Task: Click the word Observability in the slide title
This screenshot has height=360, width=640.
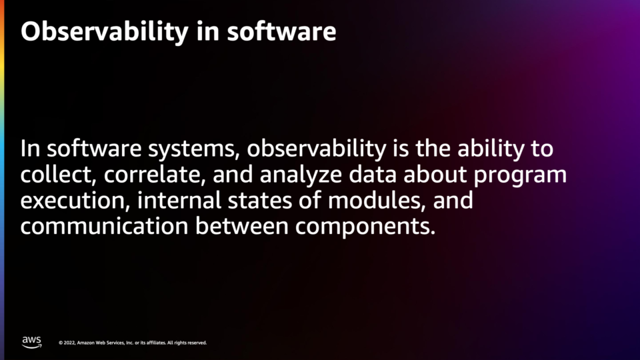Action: [105, 32]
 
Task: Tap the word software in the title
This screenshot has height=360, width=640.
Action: [281, 31]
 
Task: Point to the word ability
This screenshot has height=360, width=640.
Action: [491, 149]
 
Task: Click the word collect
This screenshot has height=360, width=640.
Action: [58, 175]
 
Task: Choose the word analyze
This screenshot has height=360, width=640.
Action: [301, 175]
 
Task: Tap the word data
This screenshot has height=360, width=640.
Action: [373, 175]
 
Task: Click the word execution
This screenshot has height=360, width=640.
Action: [75, 201]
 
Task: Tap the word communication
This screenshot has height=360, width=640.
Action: [105, 226]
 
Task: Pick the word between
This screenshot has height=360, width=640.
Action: [242, 226]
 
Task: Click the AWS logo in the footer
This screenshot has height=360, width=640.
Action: [31, 342]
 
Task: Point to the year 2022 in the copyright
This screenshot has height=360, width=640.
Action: [69, 343]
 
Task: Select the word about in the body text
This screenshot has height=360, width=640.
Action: [435, 175]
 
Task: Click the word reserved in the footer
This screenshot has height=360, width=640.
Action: [197, 343]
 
